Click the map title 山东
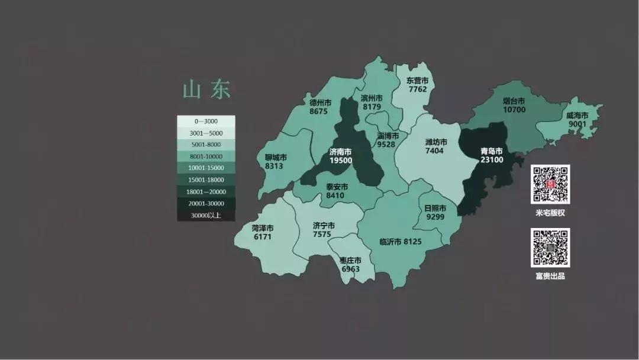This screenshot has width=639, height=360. click(x=206, y=91)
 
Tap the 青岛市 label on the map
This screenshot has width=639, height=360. click(x=491, y=150)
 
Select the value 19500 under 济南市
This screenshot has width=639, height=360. click(x=341, y=160)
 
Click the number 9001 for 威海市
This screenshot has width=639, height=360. click(x=577, y=124)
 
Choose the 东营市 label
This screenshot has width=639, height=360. click(x=417, y=81)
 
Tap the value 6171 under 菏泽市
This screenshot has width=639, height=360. click(x=262, y=237)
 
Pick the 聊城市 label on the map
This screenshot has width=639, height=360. click(x=276, y=157)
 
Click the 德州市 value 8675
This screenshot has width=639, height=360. click(x=318, y=111)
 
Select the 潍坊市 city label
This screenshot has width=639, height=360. click(x=436, y=142)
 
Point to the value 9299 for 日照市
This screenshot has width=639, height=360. click(x=435, y=217)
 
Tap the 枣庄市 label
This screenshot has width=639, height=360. click(x=350, y=261)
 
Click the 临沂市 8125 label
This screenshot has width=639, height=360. click(x=400, y=242)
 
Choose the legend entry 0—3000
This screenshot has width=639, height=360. click(x=206, y=121)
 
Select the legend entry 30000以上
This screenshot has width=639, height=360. click(x=206, y=216)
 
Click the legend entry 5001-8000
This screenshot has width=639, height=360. click(x=206, y=144)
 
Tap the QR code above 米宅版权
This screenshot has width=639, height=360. click(x=550, y=184)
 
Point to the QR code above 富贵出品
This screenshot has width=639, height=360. click(x=550, y=247)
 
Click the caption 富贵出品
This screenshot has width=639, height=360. click(x=550, y=276)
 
